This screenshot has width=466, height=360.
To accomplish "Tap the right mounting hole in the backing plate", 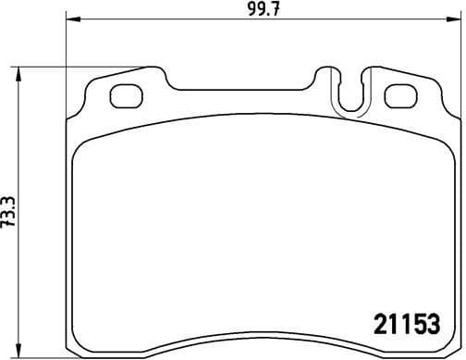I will pyautogui.click(x=399, y=94).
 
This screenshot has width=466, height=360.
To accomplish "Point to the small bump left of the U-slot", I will pyautogui.click(x=324, y=74).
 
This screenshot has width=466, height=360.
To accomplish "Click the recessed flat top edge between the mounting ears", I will pyautogui.click(x=240, y=91).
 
